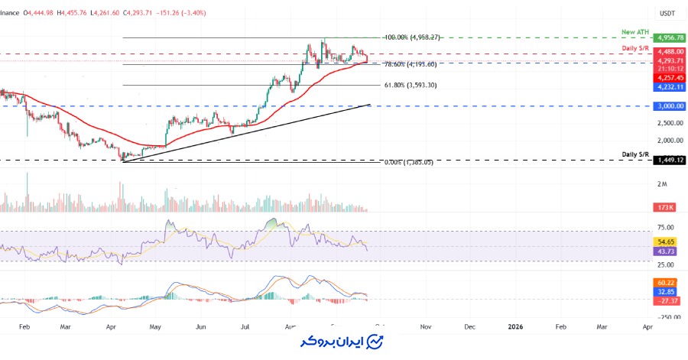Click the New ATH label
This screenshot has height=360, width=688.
click(634, 33)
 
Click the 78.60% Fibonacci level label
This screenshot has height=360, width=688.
click(410, 64)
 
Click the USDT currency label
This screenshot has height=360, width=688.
click(667, 13)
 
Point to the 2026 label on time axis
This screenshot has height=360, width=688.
click(516, 326)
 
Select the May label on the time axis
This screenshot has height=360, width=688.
click(155, 326)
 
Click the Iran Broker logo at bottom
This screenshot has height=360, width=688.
click(344, 341)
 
